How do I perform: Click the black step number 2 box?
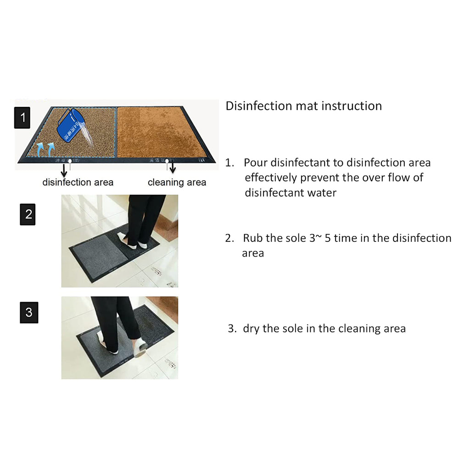pos(28,214)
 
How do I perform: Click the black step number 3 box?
pos(28,313)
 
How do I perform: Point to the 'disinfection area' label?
pos(78,182)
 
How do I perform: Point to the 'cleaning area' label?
pos(177,182)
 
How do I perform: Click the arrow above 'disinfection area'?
pos(64,170)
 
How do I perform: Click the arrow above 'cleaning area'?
pos(173,168)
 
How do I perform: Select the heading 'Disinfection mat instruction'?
pos(303,106)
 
